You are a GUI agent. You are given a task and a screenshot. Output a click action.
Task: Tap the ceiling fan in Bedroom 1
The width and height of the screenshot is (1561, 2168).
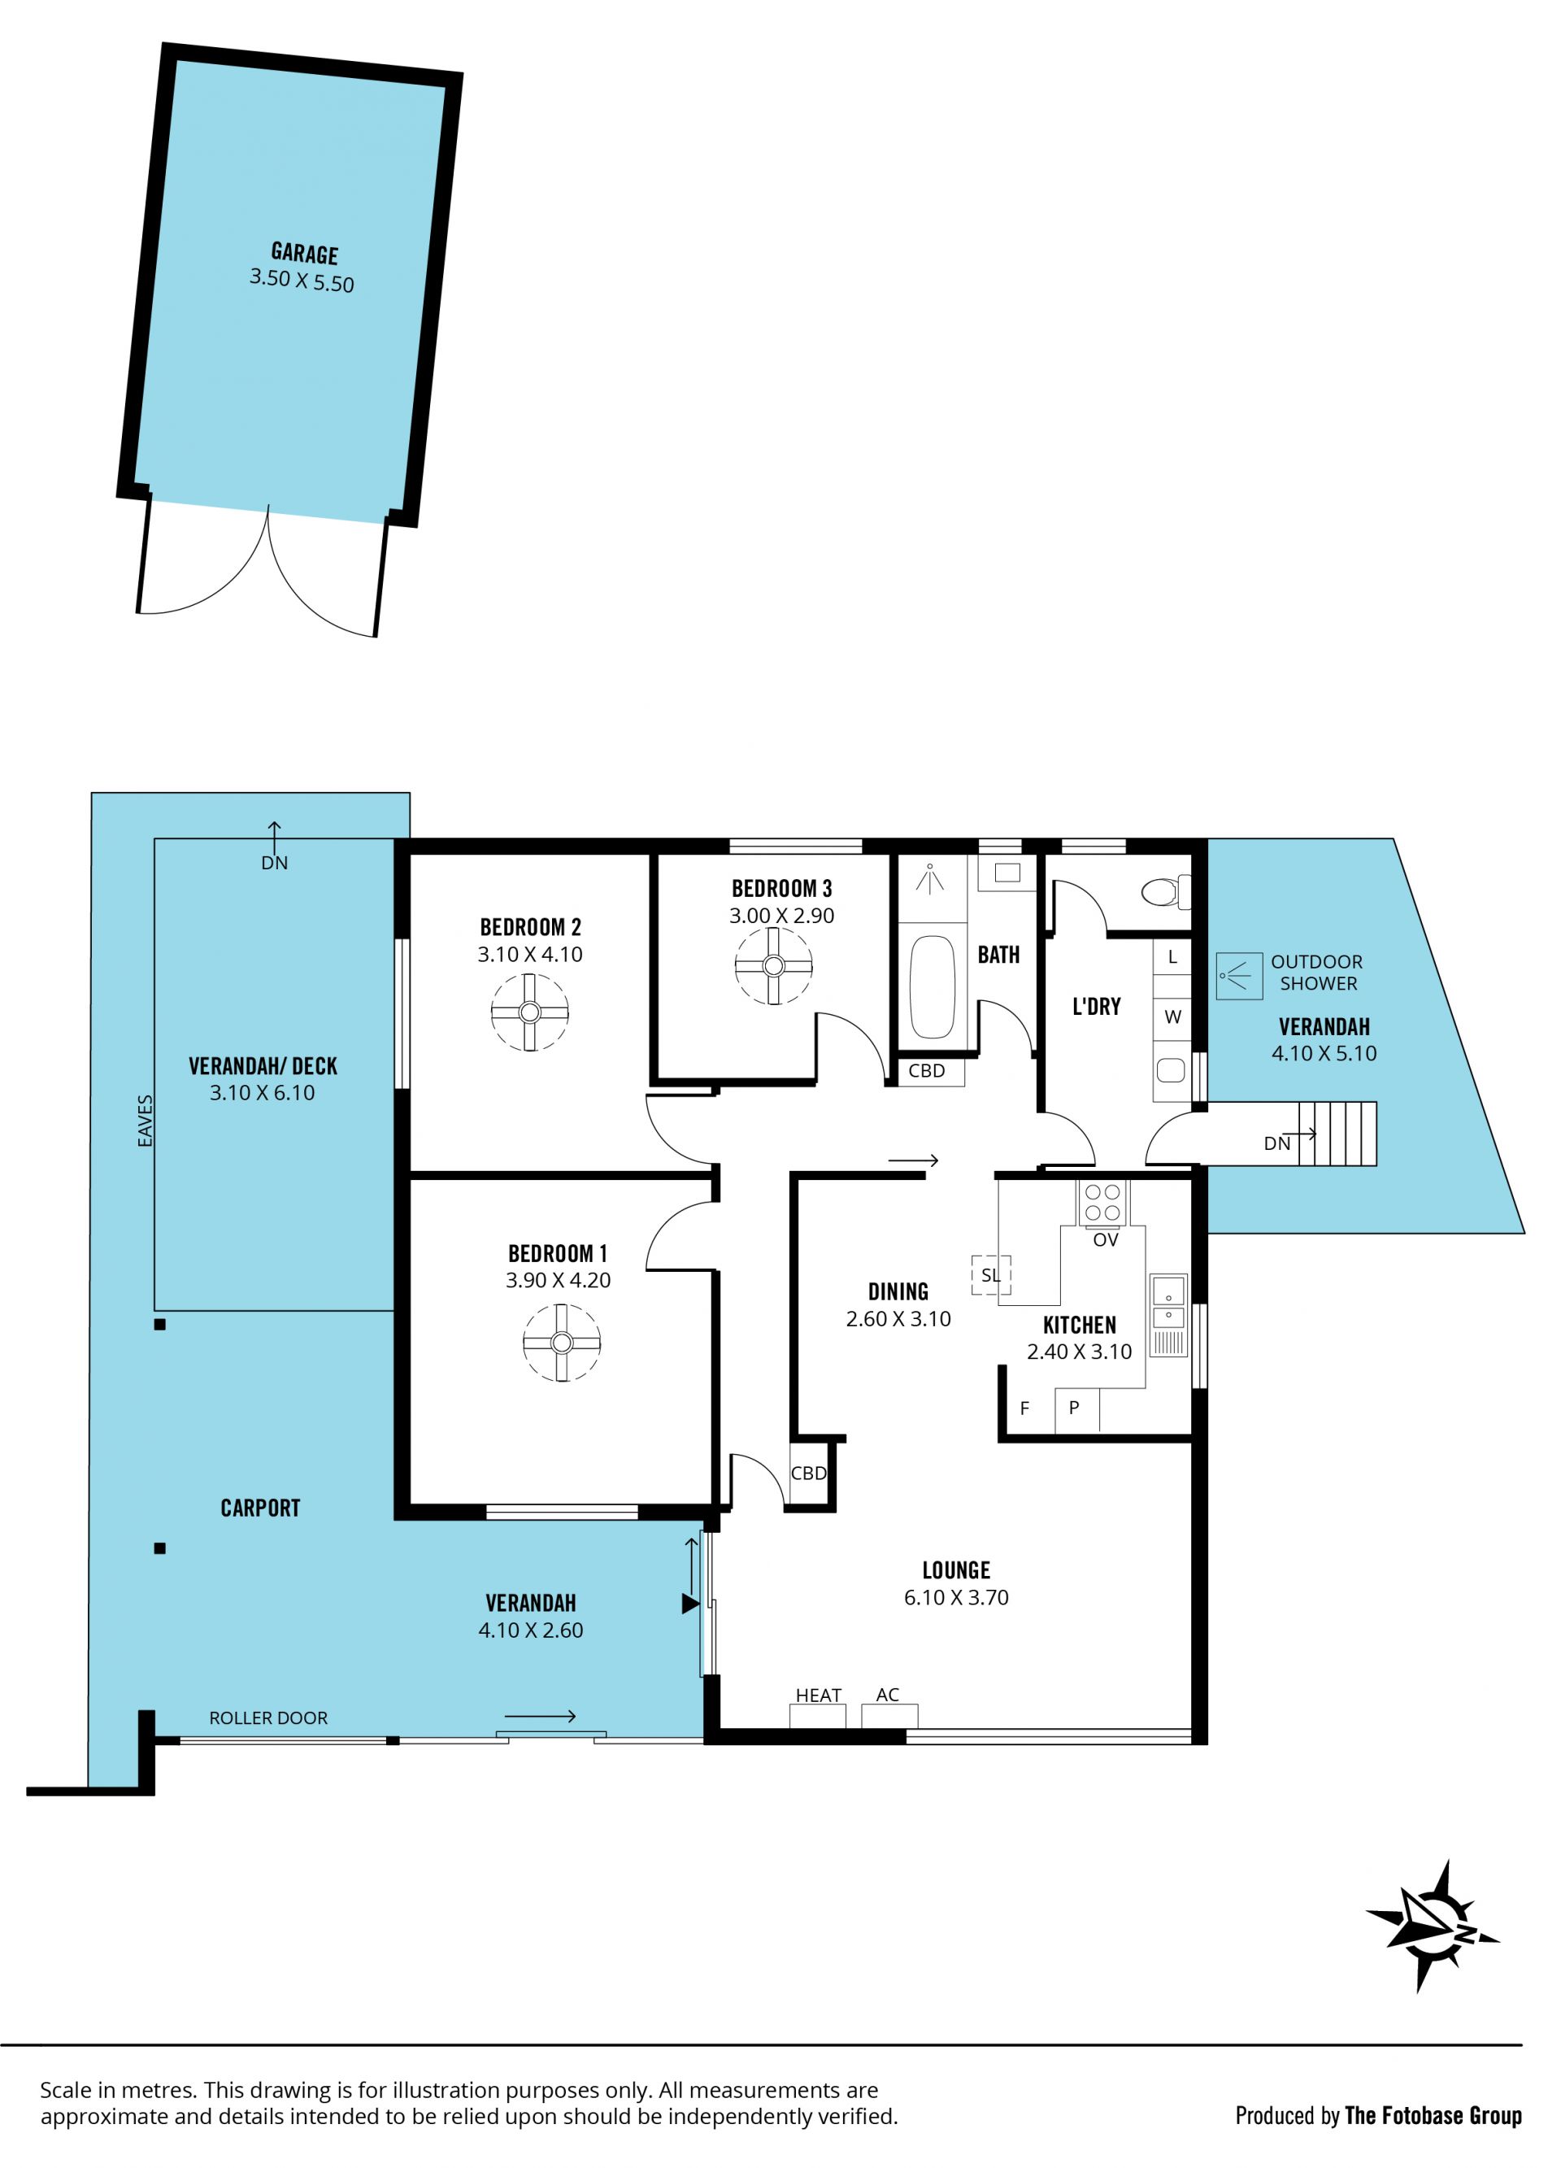pyautogui.click(x=561, y=1343)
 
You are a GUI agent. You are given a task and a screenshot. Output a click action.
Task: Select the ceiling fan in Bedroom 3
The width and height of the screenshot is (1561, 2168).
pyautogui.click(x=773, y=965)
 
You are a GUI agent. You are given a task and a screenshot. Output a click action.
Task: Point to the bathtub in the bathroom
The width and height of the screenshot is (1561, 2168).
pyautogui.click(x=932, y=987)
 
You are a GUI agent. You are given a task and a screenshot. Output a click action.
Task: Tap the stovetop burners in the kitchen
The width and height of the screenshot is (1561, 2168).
pyautogui.click(x=1103, y=1204)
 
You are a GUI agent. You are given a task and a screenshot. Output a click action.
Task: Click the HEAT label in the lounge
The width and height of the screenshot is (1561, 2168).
pyautogui.click(x=818, y=1695)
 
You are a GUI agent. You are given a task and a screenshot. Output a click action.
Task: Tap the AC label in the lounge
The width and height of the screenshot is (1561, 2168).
pyautogui.click(x=887, y=1694)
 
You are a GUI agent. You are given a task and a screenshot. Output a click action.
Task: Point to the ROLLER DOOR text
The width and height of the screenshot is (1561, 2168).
pyautogui.click(x=268, y=1717)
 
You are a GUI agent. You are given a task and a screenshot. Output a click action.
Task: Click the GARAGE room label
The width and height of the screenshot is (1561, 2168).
pyautogui.click(x=305, y=254)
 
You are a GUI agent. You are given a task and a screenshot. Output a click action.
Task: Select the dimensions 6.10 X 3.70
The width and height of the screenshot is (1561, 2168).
pyautogui.click(x=956, y=1597)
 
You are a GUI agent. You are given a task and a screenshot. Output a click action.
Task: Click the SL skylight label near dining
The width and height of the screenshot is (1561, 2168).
pyautogui.click(x=990, y=1275)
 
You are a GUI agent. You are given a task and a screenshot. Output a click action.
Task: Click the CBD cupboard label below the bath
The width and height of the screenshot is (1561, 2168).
pyautogui.click(x=926, y=1071)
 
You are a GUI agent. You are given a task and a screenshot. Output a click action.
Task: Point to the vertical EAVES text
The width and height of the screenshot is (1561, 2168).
pyautogui.click(x=146, y=1121)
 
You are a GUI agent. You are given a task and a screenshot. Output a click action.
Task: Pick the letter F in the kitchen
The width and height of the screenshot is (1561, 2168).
pyautogui.click(x=1024, y=1408)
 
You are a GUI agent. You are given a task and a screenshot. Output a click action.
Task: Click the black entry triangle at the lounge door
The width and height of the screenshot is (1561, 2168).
pyautogui.click(x=690, y=1604)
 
